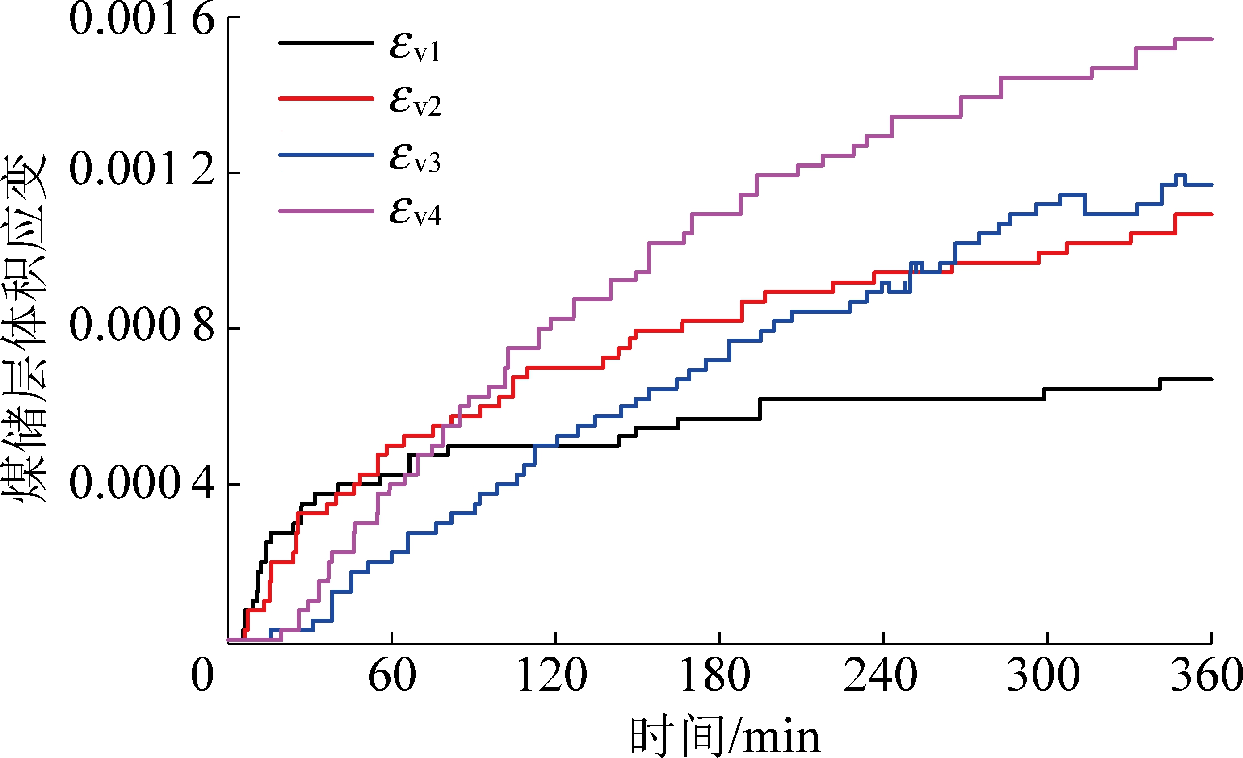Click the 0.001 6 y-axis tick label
click(142, 19)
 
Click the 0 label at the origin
click(202, 675)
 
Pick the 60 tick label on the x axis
click(392, 675)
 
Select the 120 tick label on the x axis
click(552, 675)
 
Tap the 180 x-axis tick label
click(715, 675)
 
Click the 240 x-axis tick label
click(880, 675)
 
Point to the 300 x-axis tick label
click(1043, 675)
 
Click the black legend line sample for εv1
click(326, 43)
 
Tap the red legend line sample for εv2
click(326, 98)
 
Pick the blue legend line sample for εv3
click(326, 154)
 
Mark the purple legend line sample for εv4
click(326, 211)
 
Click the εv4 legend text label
click(415, 212)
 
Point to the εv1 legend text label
click(415, 48)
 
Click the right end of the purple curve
click(1211, 39)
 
